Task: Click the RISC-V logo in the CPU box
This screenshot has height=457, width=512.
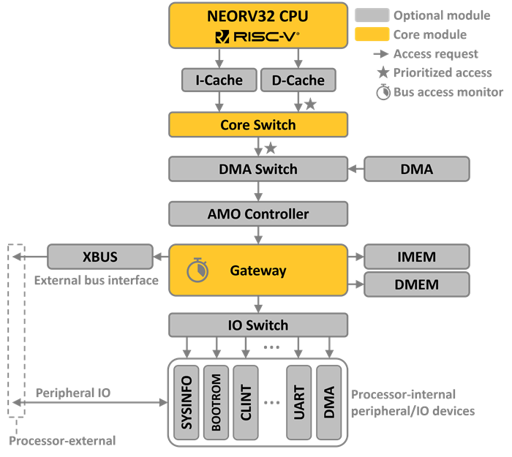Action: coord(257,36)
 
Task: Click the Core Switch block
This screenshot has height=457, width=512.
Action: coord(258,125)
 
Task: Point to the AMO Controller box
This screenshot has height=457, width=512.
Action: coord(258,214)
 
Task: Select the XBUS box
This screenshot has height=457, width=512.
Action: coord(100,257)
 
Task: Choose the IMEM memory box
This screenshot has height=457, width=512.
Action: coord(417,257)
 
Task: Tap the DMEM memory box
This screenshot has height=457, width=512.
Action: coord(417,284)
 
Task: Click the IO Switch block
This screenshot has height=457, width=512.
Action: coord(258,325)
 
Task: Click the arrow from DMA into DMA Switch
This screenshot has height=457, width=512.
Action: coord(355,170)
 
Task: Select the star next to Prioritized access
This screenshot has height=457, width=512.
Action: coord(382,73)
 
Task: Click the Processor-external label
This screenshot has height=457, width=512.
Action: coord(63,441)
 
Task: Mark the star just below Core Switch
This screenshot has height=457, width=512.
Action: coord(271,148)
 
